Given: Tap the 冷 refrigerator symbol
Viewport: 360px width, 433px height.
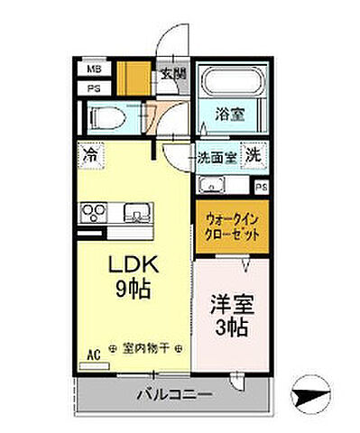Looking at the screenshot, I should pos(90,153).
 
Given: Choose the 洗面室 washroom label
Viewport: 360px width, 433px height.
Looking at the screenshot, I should pos(218,155).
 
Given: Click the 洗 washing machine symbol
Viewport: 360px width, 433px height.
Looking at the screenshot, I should pos(257,154).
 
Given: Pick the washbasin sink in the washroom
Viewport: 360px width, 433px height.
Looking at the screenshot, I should pos(209,187).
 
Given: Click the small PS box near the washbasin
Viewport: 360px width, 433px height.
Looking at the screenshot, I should pos(262,187).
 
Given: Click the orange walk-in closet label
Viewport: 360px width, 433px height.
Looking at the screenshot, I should pos(232,225).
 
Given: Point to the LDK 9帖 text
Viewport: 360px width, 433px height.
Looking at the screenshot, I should pos(134,278).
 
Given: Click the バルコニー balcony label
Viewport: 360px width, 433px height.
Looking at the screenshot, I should pos(174,393).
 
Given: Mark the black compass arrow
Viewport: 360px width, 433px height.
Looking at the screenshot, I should pos(312,393).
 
